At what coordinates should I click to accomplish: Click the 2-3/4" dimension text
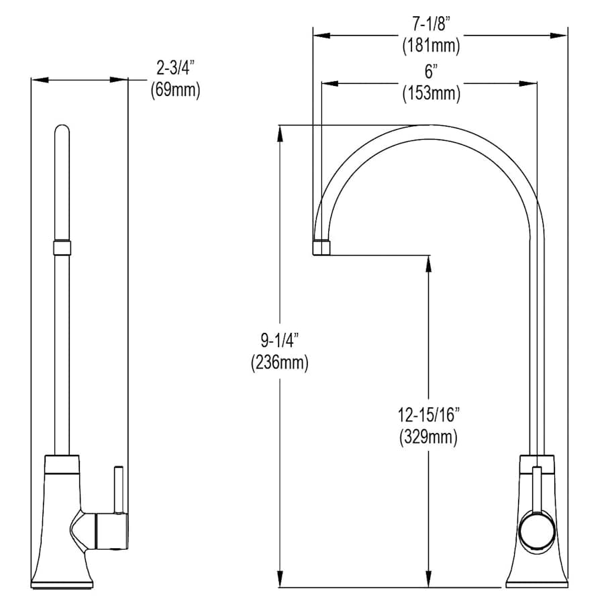click(175, 68)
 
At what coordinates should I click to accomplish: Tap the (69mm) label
click(175, 90)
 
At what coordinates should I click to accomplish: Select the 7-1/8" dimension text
click(431, 25)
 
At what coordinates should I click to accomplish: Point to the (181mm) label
click(431, 46)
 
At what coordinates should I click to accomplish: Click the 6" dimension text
click(431, 72)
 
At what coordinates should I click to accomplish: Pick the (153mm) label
click(431, 93)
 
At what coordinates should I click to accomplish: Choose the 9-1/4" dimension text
click(280, 340)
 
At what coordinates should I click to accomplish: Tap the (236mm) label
click(280, 362)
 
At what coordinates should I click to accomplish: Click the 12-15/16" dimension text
click(429, 415)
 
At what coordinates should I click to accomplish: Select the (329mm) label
click(429, 437)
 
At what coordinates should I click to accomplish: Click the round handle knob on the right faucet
click(538, 530)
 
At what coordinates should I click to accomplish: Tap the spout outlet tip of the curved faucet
click(321, 247)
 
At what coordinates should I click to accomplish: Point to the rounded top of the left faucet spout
click(62, 130)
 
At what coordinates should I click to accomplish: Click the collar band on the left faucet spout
click(62, 247)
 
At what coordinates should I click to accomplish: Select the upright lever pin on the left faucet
click(119, 489)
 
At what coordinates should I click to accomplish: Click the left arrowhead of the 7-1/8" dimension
click(321, 36)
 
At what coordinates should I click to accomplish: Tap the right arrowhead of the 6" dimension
click(528, 83)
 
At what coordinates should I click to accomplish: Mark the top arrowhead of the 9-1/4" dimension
click(281, 134)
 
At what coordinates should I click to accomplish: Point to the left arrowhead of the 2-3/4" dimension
click(40, 80)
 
